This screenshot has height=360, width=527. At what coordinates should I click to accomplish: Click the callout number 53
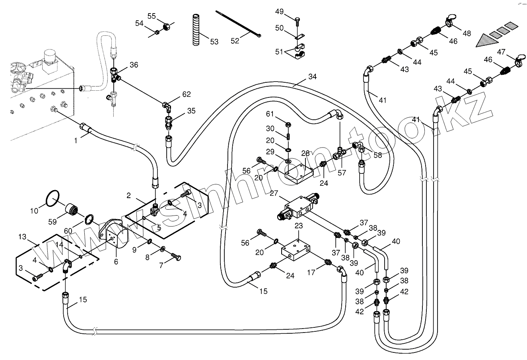pos(214,41)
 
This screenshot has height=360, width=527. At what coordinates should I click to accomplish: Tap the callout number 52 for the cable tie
pos(235,41)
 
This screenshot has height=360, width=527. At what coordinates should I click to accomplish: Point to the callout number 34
pos(312,77)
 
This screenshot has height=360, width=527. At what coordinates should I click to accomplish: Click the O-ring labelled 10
pos(53,198)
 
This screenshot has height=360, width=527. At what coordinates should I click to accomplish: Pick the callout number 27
pos(274,193)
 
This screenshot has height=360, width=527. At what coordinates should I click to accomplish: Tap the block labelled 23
pos(296,250)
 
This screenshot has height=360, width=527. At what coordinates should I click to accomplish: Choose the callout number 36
pos(134,65)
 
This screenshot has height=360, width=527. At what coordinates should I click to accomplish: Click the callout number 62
pos(187,94)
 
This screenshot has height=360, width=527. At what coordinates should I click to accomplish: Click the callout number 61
pos(270,115)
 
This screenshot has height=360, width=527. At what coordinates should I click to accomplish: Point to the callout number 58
pos(377,155)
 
